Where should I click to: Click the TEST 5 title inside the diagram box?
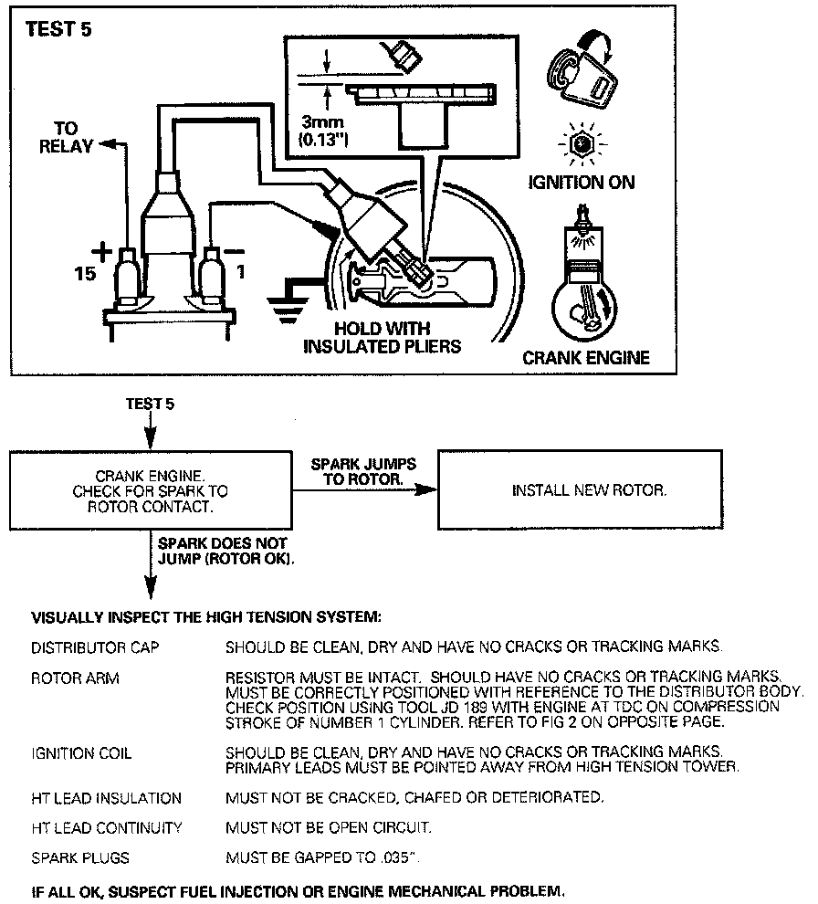click(58, 27)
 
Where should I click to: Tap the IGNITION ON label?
click(582, 183)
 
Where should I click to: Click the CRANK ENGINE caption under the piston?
click(585, 357)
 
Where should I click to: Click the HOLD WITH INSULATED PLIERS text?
click(382, 337)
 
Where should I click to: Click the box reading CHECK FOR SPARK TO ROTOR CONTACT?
click(150, 490)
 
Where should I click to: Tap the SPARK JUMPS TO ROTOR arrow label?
click(363, 471)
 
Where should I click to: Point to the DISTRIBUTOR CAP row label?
click(95, 647)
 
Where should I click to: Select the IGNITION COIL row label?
click(81, 753)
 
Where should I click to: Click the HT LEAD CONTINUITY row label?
click(107, 828)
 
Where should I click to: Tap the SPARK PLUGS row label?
click(80, 858)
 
